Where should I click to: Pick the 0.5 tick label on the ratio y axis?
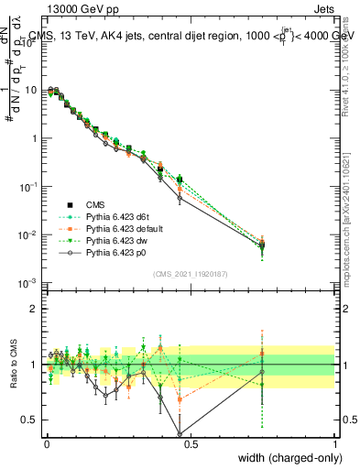[30, 420]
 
